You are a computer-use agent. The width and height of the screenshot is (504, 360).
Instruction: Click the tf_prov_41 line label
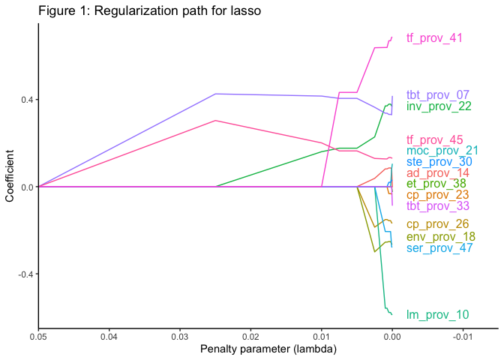click(434, 38)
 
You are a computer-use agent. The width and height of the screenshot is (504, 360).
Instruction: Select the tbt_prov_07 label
click(437, 95)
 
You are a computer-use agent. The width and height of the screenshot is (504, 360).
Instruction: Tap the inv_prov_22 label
click(439, 106)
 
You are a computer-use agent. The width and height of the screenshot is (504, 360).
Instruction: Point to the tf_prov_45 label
click(434, 139)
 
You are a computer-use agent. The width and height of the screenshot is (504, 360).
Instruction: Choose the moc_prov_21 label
click(442, 151)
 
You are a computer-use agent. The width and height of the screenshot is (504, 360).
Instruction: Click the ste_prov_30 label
click(439, 161)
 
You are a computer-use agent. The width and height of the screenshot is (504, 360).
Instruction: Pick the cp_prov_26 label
click(436, 224)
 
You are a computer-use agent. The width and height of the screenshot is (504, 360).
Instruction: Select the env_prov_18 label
click(440, 237)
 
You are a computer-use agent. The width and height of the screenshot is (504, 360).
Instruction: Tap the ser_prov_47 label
click(439, 247)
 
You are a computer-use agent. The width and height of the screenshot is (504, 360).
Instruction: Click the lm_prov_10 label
click(437, 315)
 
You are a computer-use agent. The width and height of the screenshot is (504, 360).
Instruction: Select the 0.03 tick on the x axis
click(179, 338)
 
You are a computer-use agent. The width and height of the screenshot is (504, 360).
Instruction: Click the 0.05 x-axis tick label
click(38, 338)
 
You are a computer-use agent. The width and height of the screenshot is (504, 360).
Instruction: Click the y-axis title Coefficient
click(10, 178)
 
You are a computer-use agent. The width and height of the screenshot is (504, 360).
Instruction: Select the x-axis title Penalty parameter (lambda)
click(268, 350)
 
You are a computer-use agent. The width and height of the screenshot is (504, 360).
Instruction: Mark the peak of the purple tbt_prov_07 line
click(215, 94)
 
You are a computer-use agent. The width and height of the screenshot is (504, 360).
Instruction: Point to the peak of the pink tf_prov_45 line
click(215, 120)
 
